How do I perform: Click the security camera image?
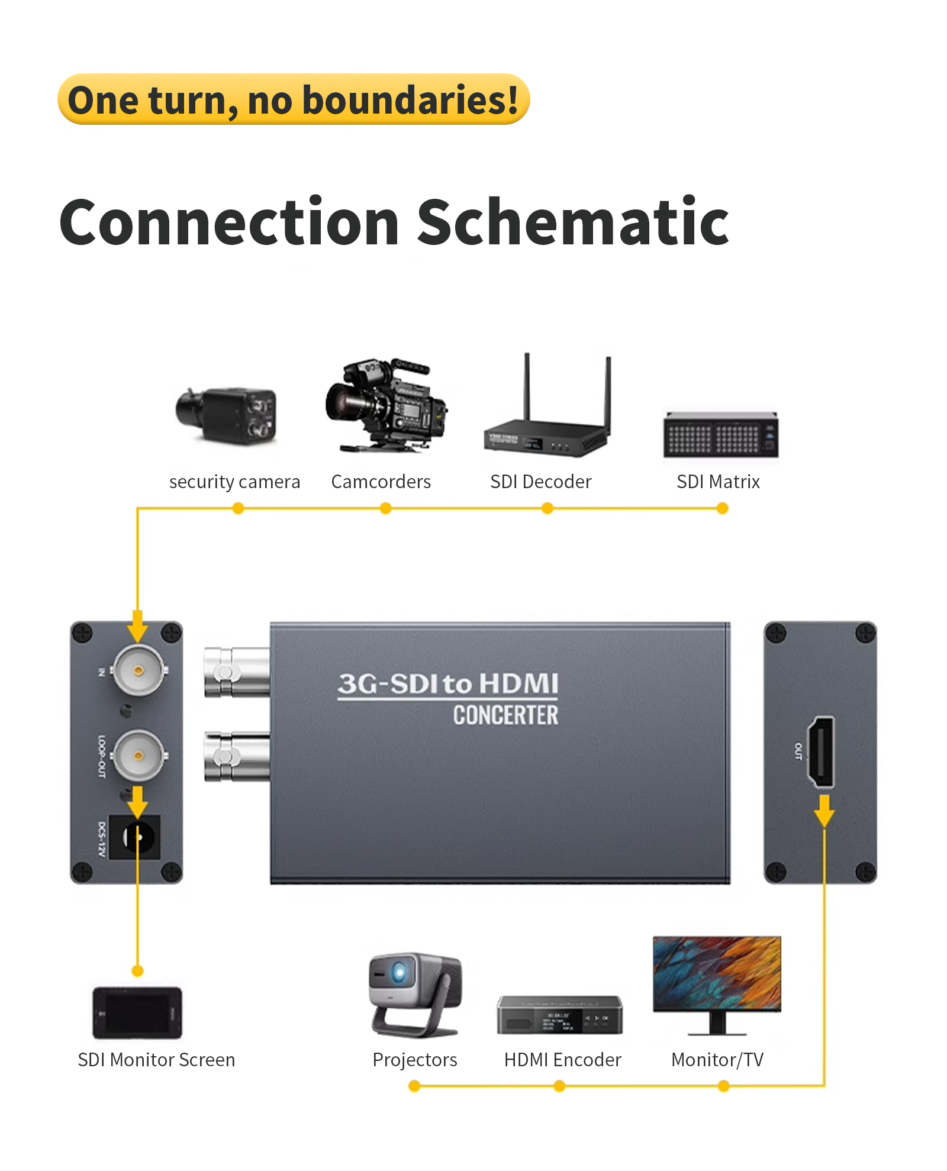[x=226, y=415]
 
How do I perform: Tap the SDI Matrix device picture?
[x=720, y=435]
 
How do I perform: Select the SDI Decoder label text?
[x=540, y=482]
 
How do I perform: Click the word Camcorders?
[x=381, y=482]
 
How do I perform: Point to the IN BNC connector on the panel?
[x=138, y=670]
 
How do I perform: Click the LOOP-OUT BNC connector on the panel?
[x=138, y=756]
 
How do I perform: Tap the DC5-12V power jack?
[x=136, y=837]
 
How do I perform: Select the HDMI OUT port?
[x=822, y=751]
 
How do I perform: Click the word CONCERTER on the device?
[x=505, y=715]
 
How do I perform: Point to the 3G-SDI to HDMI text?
[x=448, y=683]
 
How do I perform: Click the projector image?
[x=414, y=994]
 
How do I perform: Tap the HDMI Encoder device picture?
[x=560, y=1015]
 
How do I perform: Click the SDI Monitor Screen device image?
[x=137, y=1012]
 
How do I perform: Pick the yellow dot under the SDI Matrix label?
[x=722, y=508]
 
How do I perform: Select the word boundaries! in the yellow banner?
[x=410, y=100]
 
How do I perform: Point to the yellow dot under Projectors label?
[x=414, y=1086]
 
